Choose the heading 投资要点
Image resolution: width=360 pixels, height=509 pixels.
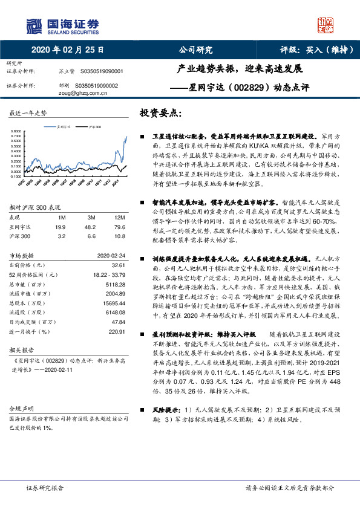pyautogui.click(x=161, y=113)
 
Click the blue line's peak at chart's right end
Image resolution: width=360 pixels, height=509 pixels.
pyautogui.click(x=126, y=137)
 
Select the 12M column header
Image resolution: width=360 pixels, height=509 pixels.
pyautogui.click(x=119, y=217)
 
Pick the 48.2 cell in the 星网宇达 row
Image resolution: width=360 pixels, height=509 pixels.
pyautogui.click(x=91, y=226)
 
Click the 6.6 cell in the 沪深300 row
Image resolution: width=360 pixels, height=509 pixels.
pyautogui.click(x=91, y=235)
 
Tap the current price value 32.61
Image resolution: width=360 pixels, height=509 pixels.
pyautogui.click(x=117, y=265)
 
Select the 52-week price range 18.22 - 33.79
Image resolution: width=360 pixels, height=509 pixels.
pyautogui.click(x=107, y=274)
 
